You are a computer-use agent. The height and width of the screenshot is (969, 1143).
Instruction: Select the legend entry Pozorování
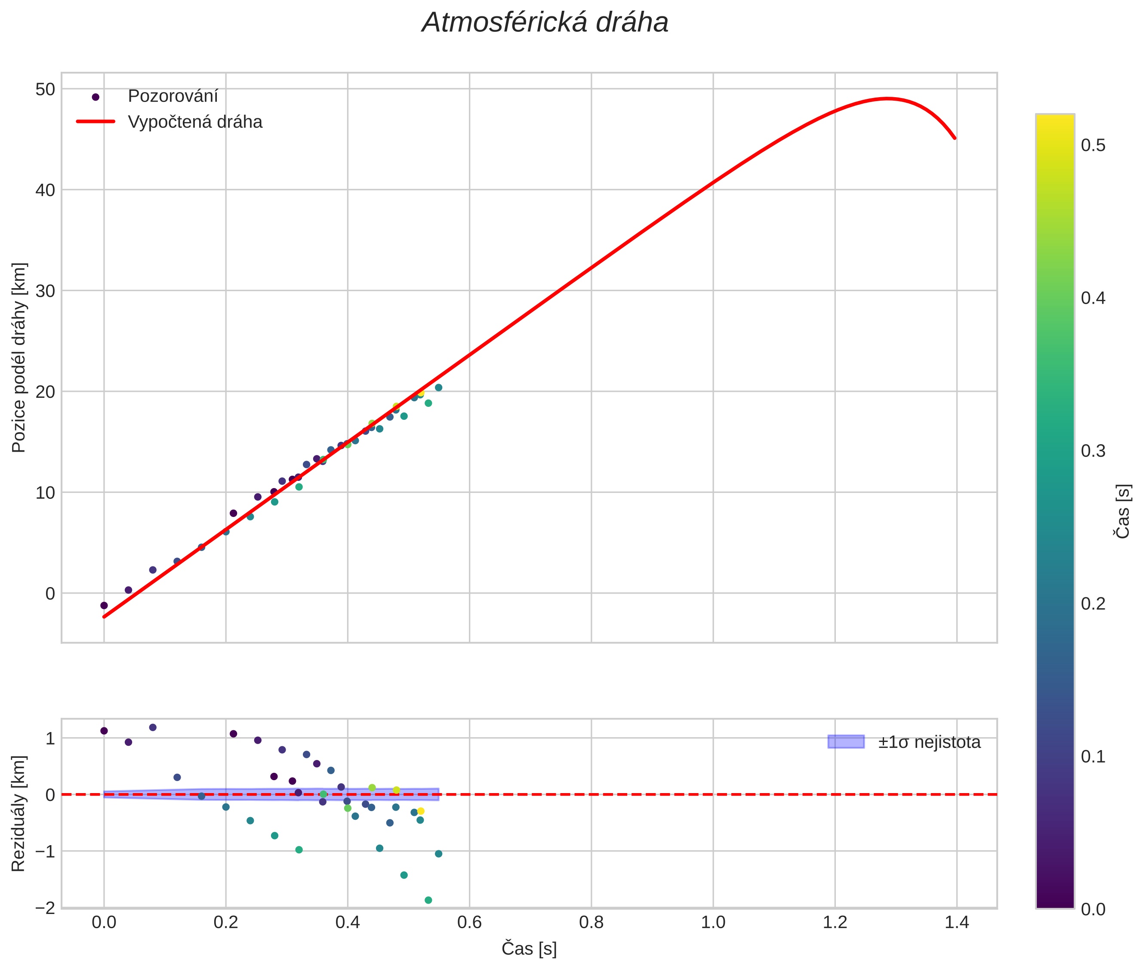173,96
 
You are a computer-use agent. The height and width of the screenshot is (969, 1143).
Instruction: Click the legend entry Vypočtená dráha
194,122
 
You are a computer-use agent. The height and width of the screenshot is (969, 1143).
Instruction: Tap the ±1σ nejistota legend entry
928,742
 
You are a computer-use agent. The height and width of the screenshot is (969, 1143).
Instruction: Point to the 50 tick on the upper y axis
45,89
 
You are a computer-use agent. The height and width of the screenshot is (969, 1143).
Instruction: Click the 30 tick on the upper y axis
45,291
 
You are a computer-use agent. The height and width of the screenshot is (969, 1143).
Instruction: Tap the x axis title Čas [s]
529,949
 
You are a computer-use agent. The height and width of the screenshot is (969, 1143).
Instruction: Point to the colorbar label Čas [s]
1123,511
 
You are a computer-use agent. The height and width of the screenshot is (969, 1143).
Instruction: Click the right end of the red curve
955,138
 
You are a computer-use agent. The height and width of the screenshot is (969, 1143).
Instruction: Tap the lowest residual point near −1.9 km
428,900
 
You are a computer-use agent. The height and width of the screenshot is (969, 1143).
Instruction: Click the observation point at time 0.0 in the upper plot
104,605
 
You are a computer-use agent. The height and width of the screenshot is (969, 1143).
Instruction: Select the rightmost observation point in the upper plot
438,387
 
